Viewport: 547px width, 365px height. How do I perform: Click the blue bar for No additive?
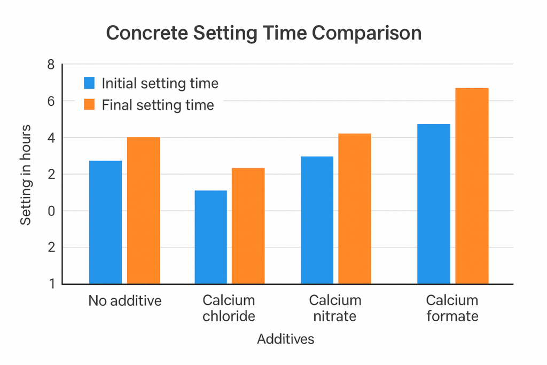(x=105, y=222)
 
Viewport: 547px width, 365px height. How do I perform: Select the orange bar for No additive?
(x=143, y=210)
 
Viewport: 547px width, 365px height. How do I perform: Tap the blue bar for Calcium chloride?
(x=210, y=237)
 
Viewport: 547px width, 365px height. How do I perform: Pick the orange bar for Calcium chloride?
(x=248, y=226)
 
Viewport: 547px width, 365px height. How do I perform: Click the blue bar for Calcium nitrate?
(x=317, y=220)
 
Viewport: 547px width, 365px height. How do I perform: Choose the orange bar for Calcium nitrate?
(x=355, y=208)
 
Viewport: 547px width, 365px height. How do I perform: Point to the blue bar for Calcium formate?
(x=433, y=204)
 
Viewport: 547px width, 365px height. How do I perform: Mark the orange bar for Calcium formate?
(x=472, y=185)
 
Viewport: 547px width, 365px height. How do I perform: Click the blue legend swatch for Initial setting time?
(x=89, y=83)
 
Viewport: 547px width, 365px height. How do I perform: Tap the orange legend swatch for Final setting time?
(x=89, y=105)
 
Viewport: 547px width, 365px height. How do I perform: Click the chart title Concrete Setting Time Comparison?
(x=264, y=33)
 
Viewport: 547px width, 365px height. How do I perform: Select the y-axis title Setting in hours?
(x=26, y=175)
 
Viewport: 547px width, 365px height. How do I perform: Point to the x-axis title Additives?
(x=286, y=339)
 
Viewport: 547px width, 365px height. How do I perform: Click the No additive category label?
(x=125, y=301)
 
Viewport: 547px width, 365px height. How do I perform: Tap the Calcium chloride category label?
(x=229, y=308)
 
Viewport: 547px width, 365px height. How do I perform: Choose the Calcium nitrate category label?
(x=335, y=308)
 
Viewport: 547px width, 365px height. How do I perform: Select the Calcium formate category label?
(x=452, y=308)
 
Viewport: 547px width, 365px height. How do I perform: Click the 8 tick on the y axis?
(x=51, y=65)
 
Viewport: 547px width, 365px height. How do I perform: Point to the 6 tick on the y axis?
(x=51, y=101)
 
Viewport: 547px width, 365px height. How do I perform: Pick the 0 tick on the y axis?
(x=51, y=211)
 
